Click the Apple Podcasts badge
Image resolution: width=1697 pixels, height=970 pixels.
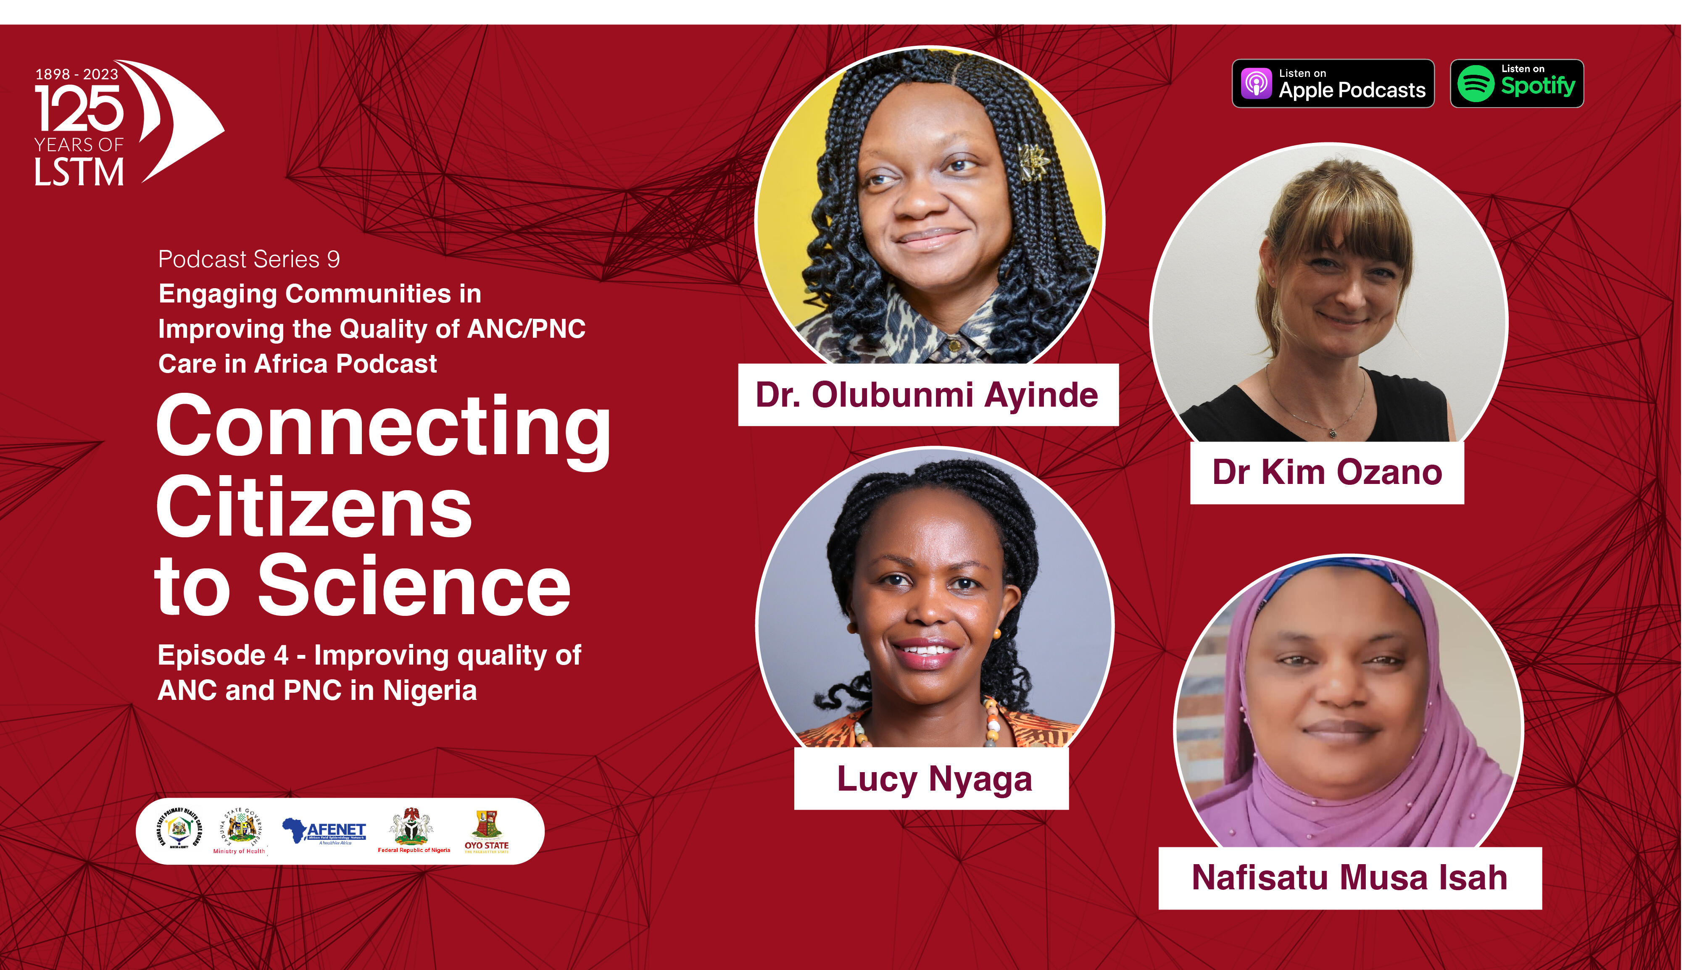coord(1333,83)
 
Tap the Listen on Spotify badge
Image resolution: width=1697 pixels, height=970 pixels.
coord(1516,83)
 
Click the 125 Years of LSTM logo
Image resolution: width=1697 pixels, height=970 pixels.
coord(126,123)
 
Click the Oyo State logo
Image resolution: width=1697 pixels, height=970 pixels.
coord(486,831)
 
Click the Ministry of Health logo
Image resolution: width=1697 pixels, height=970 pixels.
coord(240,831)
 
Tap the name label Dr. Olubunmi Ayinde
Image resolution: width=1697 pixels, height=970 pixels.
coord(928,394)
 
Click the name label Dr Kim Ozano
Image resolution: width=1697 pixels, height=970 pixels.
coord(1327,472)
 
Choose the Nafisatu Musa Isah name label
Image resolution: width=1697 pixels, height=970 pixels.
coord(1349,878)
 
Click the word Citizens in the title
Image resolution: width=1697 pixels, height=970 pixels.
coord(314,507)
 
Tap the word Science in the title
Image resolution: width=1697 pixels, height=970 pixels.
coord(414,586)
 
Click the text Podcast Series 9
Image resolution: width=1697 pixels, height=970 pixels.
coord(248,259)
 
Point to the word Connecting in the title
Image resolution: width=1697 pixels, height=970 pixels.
coord(383,426)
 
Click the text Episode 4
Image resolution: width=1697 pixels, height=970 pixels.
coord(223,655)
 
